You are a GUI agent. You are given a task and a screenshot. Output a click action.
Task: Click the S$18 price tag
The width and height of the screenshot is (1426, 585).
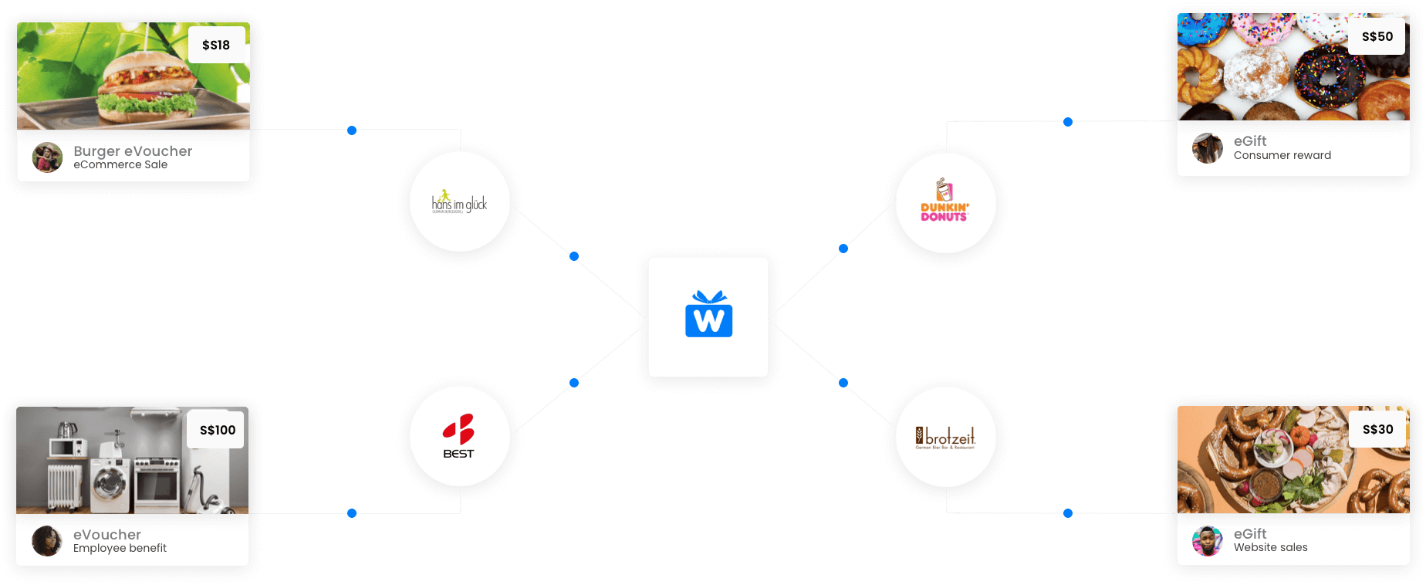[216, 45]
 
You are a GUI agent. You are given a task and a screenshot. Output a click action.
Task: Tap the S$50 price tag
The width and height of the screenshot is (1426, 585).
[1377, 36]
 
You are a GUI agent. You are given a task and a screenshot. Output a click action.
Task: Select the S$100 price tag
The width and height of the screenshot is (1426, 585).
[217, 430]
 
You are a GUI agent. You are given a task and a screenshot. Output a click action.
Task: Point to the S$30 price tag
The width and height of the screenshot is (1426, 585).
[1377, 429]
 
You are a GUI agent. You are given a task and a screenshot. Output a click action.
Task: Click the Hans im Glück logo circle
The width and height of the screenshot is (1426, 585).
[460, 203]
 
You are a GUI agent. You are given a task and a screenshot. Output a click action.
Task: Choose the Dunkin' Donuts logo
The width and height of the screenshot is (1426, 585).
[944, 203]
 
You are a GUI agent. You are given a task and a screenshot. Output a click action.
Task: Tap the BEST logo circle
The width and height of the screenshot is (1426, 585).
[459, 436]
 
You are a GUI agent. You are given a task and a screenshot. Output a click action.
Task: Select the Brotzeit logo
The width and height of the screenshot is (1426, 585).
[945, 438]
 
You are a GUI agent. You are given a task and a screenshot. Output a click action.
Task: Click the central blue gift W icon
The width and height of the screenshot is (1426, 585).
[708, 316]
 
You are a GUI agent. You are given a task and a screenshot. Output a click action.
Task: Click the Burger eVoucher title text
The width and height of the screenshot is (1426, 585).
[133, 151]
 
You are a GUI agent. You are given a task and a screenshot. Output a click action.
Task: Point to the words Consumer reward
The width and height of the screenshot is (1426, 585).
[1282, 155]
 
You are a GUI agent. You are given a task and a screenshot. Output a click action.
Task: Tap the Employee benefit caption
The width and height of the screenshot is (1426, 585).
[120, 548]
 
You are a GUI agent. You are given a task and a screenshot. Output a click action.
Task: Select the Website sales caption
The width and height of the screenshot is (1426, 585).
[1270, 547]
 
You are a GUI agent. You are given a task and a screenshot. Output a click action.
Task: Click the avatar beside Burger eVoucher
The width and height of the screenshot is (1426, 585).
[47, 157]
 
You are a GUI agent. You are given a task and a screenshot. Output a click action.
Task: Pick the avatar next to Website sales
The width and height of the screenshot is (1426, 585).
[1207, 541]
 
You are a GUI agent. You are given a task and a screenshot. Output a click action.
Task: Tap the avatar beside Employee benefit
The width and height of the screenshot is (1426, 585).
[46, 541]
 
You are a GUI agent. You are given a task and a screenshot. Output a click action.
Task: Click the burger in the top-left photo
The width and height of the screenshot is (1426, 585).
[143, 85]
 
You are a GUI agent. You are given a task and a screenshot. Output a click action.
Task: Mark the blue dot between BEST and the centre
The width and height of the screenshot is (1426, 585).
[574, 383]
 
